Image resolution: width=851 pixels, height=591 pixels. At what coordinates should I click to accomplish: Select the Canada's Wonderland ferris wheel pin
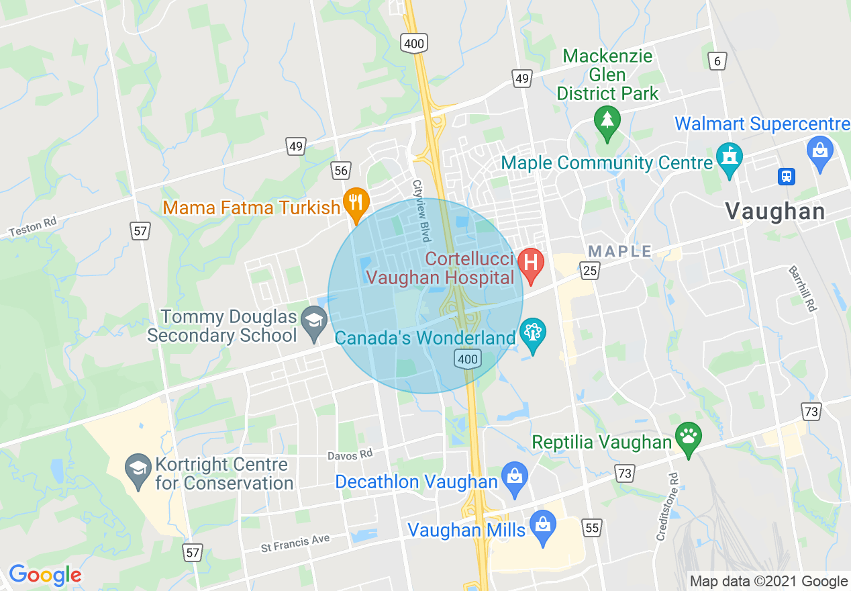click(533, 332)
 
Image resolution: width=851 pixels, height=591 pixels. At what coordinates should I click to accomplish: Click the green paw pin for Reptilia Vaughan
click(688, 436)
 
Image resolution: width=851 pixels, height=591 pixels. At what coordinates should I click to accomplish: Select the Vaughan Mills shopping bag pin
click(542, 525)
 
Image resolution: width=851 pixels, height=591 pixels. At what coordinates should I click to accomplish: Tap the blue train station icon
click(786, 176)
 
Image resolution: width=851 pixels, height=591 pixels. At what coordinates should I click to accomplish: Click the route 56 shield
click(341, 170)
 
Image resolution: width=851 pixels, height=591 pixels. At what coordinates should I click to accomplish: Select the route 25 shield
click(590, 271)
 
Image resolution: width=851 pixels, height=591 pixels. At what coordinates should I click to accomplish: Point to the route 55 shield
click(591, 528)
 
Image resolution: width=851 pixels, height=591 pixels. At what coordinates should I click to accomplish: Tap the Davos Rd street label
click(350, 455)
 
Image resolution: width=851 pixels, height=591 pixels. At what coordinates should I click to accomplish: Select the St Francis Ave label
click(295, 543)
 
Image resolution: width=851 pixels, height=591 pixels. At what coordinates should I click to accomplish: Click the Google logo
click(45, 575)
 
